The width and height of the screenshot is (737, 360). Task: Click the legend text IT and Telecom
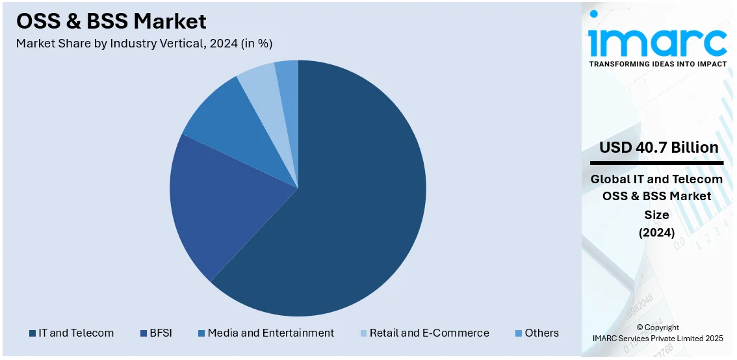tap(76, 333)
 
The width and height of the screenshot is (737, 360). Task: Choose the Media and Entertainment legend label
tap(271, 333)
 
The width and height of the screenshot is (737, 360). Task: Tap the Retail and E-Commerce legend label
tap(429, 333)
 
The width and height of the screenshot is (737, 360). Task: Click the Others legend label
tap(541, 333)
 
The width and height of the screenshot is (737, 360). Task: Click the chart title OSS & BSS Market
tap(111, 21)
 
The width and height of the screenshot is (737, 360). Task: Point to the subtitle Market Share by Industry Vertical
tap(144, 44)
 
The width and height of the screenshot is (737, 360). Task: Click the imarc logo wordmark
tap(658, 40)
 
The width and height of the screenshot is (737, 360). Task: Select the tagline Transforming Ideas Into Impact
tap(658, 64)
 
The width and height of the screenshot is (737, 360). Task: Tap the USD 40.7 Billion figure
tap(658, 148)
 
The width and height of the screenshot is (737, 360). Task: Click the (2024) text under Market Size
tap(657, 232)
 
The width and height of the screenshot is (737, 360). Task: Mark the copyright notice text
tap(658, 333)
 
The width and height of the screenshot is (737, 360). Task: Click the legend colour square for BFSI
tap(143, 333)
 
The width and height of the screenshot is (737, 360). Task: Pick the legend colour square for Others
tap(518, 333)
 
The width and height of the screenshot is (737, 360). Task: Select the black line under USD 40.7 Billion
tap(656, 162)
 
